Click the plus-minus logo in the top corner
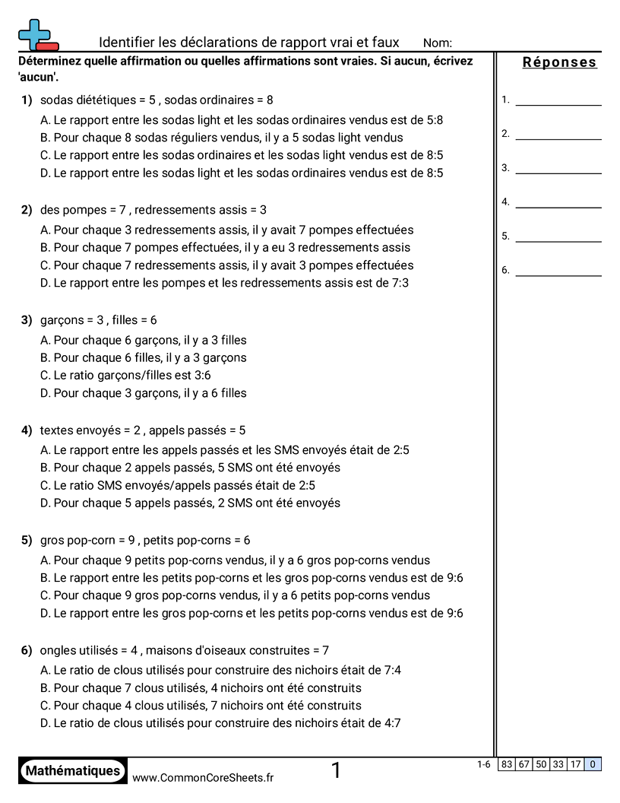[x=37, y=35]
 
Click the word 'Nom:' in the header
[x=437, y=43]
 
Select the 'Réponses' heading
[x=559, y=62]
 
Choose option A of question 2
[x=226, y=230]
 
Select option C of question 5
[x=235, y=595]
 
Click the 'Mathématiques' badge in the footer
[x=73, y=771]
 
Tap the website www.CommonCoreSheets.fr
[x=203, y=777]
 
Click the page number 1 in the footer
[x=336, y=771]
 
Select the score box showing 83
[x=507, y=765]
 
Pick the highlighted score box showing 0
[x=593, y=765]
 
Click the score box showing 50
[x=541, y=765]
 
